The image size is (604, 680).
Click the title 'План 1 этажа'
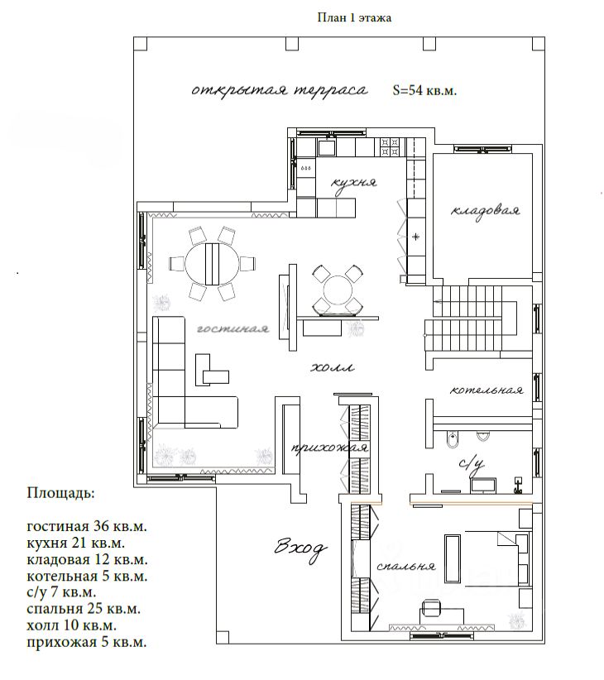pos(354,17)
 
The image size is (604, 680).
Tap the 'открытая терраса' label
pos(280,91)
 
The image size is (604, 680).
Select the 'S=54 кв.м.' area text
pos(424,90)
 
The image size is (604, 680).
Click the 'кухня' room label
pos(354,182)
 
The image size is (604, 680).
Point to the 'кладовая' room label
pos(485,211)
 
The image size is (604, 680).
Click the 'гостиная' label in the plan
pos(232,328)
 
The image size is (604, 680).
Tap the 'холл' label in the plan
pos(333,368)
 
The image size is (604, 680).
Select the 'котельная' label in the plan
pos(487,390)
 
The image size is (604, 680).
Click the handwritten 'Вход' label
pos(300,548)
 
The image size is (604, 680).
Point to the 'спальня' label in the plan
pos(406,566)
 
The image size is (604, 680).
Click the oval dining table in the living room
pos(212,264)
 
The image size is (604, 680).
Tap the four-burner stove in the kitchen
pos(390,146)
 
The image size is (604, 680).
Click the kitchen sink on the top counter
pos(327,146)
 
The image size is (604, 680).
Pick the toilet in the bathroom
pos(452,439)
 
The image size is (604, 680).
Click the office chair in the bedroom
pos(430,606)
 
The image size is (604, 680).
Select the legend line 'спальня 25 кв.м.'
pos(84,609)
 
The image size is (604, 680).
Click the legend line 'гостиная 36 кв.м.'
pos(87,526)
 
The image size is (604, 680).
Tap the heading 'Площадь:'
pos(60,494)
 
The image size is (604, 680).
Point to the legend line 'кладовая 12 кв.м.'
pos(87,559)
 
